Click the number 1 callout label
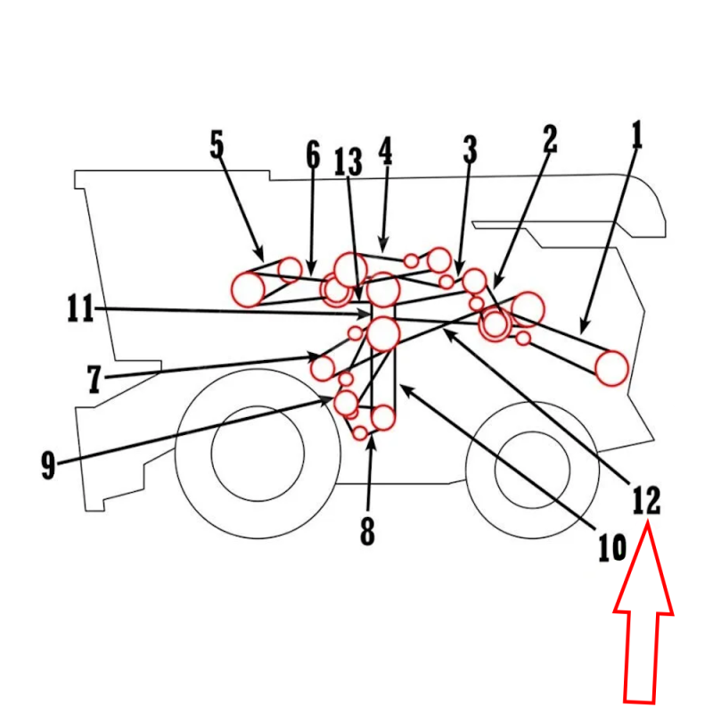click(637, 135)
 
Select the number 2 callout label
click(550, 139)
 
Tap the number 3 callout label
click(471, 149)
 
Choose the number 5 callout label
click(217, 144)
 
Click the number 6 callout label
click(313, 155)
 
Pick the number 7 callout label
click(94, 380)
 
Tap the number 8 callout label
click(367, 530)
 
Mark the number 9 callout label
click(48, 465)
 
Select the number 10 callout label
click(612, 547)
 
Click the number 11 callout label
click(80, 307)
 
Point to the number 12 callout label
click(647, 501)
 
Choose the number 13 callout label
click(348, 161)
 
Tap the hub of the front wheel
click(258, 454)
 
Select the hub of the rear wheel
click(532, 470)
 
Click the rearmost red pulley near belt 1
click(611, 368)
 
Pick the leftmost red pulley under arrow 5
click(248, 289)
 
